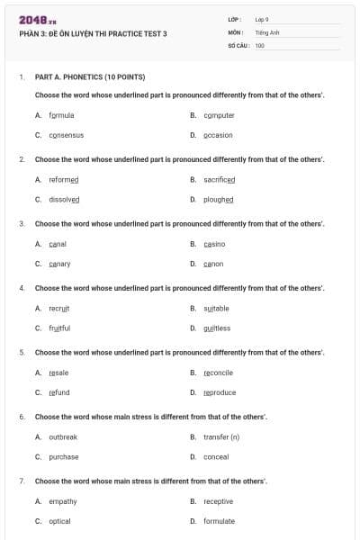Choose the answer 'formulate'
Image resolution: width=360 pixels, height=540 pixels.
pos(219,521)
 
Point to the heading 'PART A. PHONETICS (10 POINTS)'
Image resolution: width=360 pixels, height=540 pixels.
pos(89,76)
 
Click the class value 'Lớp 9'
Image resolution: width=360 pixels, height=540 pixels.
pos(262,19)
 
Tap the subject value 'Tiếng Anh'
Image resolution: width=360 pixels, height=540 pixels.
pos(267,32)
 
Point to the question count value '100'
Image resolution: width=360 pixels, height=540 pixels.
pos(259,45)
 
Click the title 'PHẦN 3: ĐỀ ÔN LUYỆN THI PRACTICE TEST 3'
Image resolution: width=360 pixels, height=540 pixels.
pos(93,34)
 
